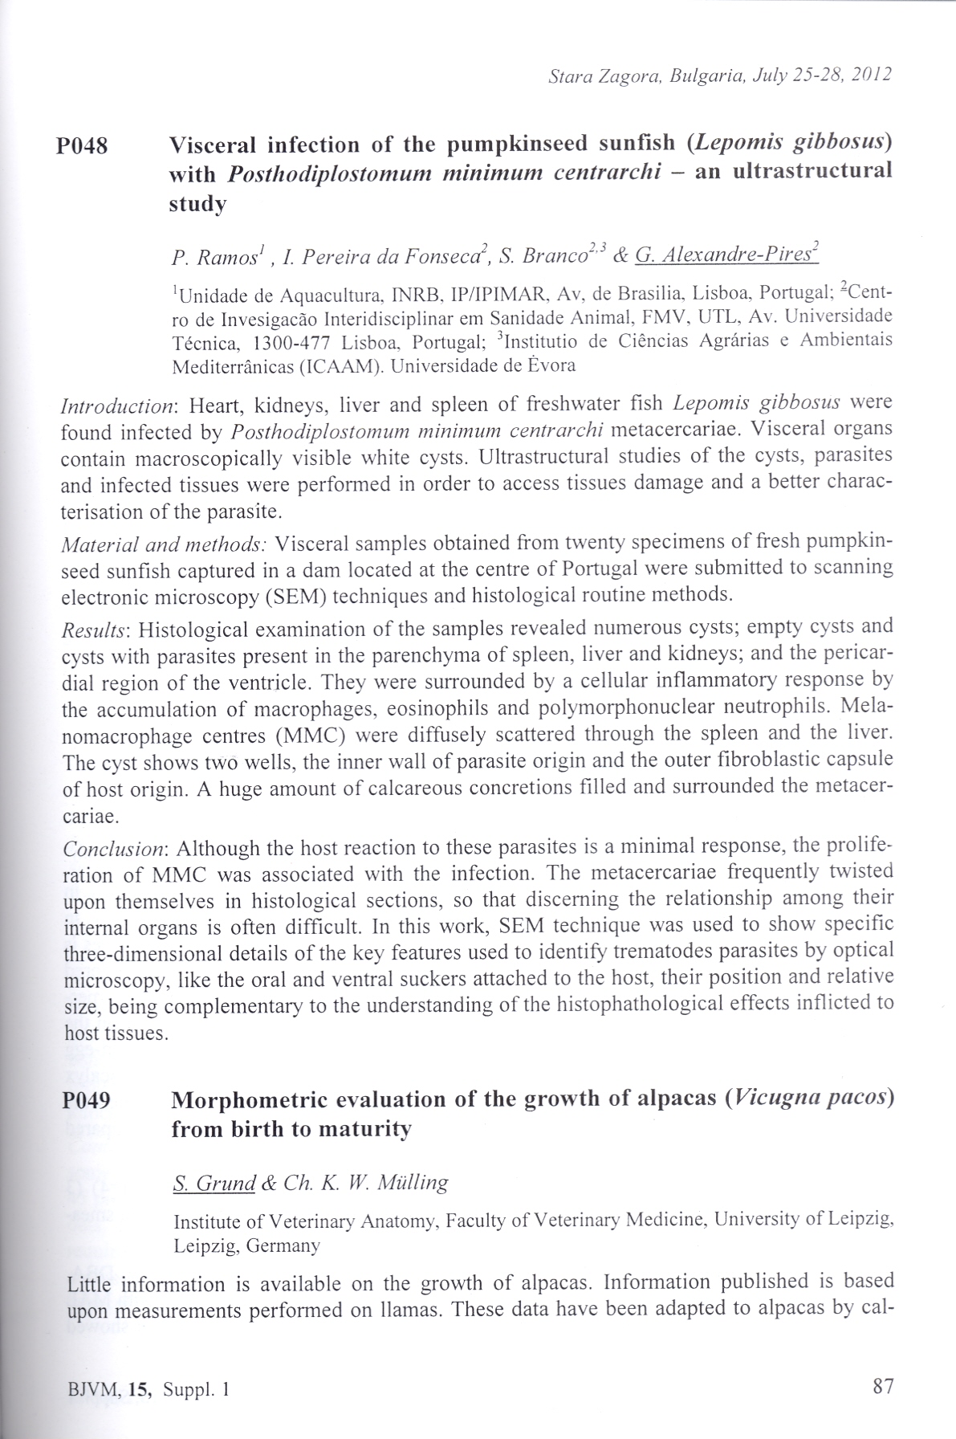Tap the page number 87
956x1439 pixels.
(x=881, y=1384)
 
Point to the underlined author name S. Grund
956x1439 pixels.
(x=214, y=1182)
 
